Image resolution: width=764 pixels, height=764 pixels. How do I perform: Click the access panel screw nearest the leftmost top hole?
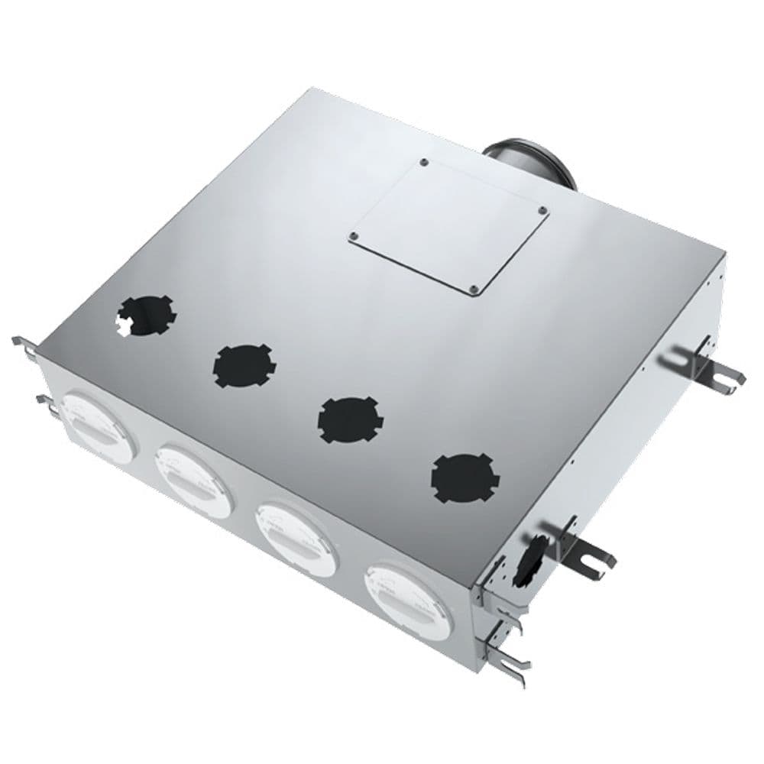click(x=354, y=236)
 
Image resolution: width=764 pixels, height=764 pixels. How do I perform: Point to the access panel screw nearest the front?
click(x=474, y=289)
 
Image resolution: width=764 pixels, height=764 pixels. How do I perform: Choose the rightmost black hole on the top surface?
click(x=464, y=477)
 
